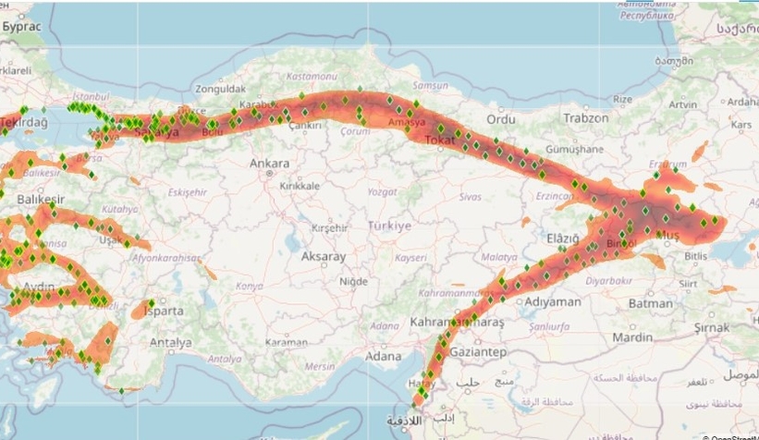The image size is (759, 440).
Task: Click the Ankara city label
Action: click(x=270, y=164)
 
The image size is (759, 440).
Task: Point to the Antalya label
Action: click(x=171, y=342)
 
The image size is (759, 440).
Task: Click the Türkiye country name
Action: click(x=390, y=226)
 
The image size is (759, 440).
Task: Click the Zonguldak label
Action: click(x=221, y=90)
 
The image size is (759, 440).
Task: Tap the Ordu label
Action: click(x=501, y=119)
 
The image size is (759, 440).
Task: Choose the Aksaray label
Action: click(x=324, y=256)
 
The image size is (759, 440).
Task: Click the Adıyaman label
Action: click(x=552, y=301)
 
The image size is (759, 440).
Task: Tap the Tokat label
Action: click(x=435, y=140)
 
